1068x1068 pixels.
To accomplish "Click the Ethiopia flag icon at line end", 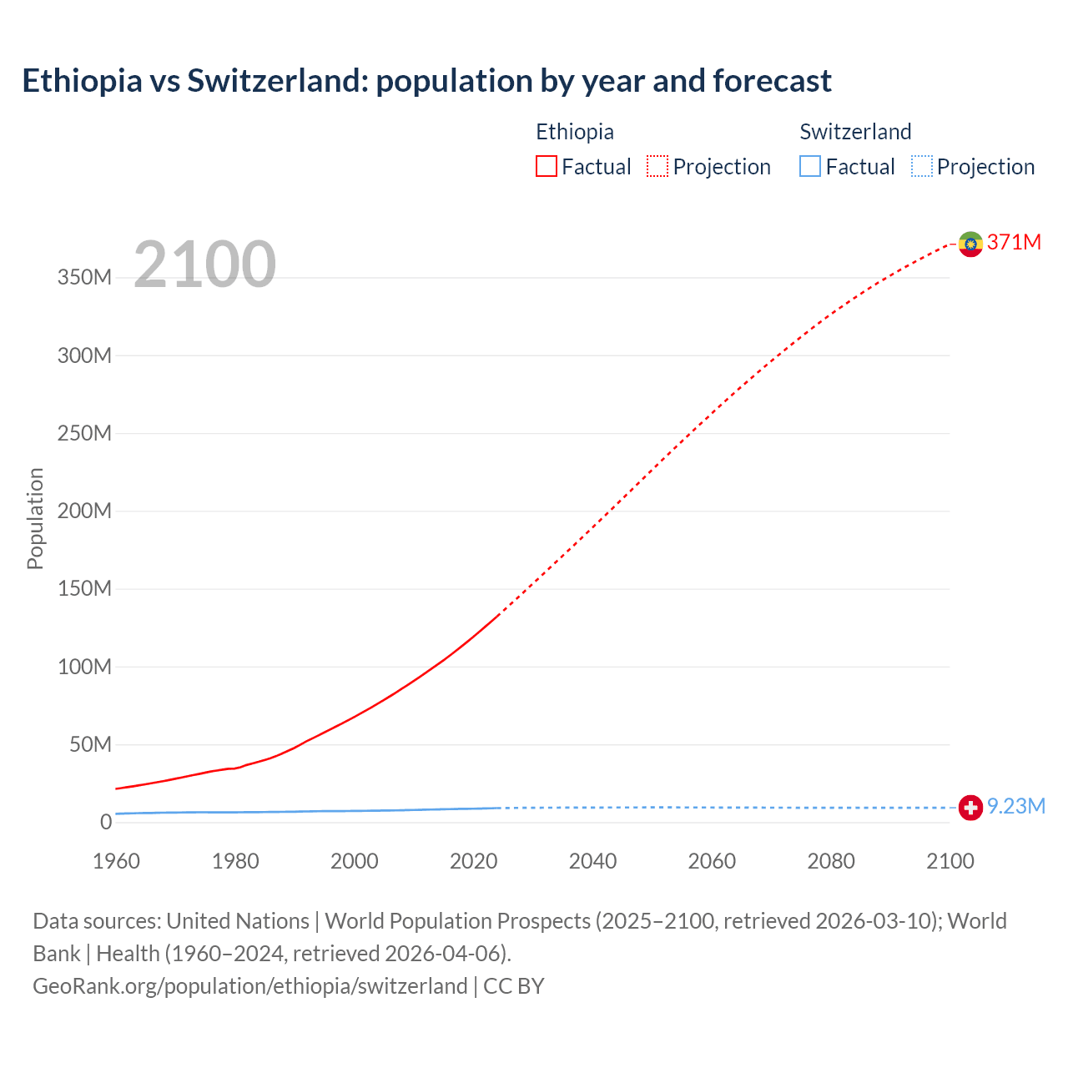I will (970, 244).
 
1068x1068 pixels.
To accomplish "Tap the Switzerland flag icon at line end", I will (970, 808).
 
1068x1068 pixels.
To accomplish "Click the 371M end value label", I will (1014, 242).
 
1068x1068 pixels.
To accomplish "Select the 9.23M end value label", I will (1015, 806).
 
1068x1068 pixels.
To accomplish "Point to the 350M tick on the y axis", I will (84, 278).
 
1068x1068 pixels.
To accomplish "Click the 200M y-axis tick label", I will (84, 511).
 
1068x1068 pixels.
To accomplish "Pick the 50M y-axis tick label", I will (89, 744).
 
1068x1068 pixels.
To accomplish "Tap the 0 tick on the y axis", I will (105, 822).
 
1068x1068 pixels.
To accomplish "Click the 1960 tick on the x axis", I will (116, 861).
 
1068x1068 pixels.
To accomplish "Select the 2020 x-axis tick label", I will (473, 861).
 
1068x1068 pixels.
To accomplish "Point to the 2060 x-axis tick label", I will (712, 861).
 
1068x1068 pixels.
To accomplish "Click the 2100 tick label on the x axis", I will (950, 861).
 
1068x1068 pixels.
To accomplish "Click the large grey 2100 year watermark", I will (204, 264).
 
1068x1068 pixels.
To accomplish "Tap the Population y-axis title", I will (35, 518).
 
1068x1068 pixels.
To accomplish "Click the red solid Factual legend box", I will (546, 167).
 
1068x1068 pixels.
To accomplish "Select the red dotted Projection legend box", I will (657, 167).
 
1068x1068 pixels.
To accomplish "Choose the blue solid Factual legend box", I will (810, 167).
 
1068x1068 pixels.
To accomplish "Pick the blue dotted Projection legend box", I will (922, 167).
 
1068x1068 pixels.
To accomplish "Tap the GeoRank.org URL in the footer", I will (249, 986).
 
